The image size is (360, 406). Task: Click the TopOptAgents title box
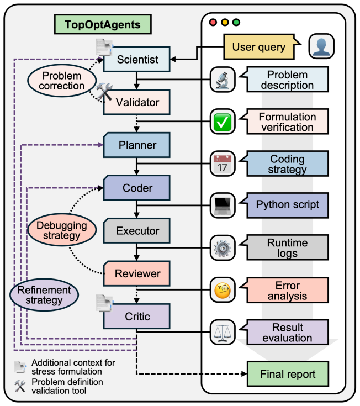(103, 24)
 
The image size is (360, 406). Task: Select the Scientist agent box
(136, 59)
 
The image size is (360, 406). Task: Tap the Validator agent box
(136, 102)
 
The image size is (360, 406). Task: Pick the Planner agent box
(136, 145)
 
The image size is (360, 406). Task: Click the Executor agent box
(136, 230)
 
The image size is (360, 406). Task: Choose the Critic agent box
(136, 316)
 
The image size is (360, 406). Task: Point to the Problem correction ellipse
(62, 81)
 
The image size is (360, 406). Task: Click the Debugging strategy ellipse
(62, 230)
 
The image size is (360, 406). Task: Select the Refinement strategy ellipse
(44, 294)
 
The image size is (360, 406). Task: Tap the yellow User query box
(260, 47)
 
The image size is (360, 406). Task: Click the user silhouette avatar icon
(321, 46)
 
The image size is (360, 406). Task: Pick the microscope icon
(223, 79)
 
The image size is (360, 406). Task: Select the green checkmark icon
(223, 122)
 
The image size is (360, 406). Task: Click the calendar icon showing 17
(223, 164)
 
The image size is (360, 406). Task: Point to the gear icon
(223, 248)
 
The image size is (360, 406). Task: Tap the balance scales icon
(223, 332)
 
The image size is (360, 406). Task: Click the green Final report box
(288, 374)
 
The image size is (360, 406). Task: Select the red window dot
(213, 22)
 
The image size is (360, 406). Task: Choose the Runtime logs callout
(284, 247)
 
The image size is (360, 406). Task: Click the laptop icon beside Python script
(223, 205)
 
